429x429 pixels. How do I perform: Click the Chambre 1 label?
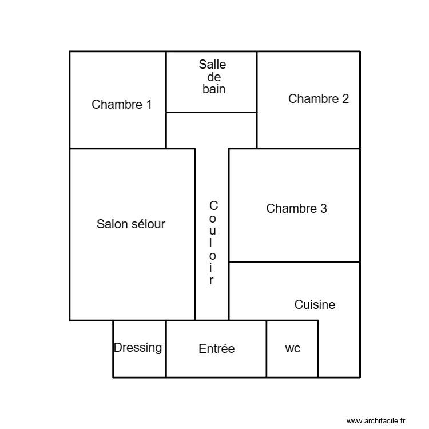point(122,105)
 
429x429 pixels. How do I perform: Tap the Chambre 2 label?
point(318,98)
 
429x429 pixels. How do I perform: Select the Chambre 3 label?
point(296,209)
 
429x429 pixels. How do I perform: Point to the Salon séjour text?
point(130,224)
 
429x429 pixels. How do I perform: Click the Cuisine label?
point(315,305)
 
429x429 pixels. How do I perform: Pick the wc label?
point(292,348)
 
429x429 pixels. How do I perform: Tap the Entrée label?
point(216,348)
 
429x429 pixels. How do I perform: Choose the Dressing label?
point(138,348)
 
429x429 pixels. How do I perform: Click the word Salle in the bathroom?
point(212,65)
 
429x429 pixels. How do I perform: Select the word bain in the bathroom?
point(213,89)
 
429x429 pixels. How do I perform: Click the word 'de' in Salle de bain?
point(213,77)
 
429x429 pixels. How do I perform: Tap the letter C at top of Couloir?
point(213,205)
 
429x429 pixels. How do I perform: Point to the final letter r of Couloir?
point(212,280)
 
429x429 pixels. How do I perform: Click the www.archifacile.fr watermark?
point(375,420)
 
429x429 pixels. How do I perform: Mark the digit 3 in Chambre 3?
point(324,209)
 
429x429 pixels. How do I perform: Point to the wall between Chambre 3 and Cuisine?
point(294,262)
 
